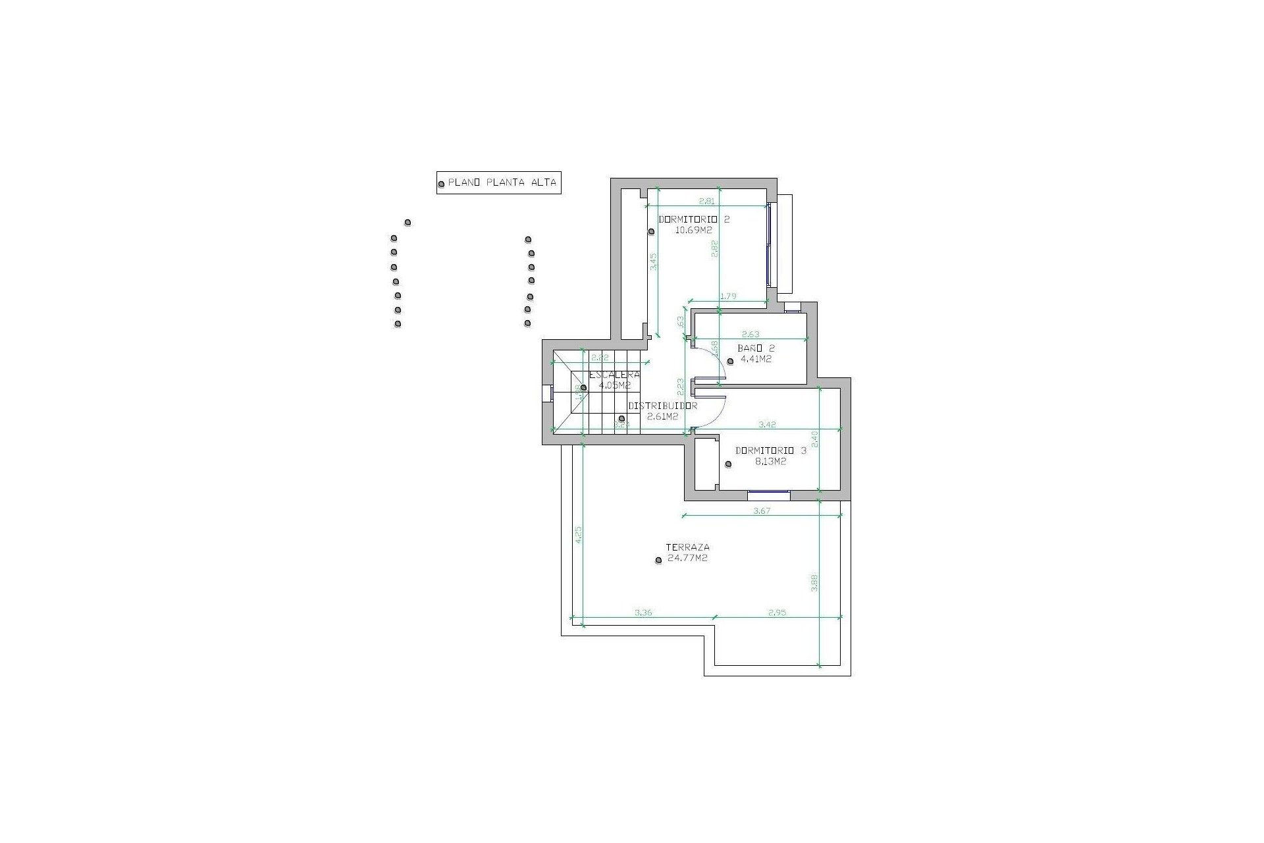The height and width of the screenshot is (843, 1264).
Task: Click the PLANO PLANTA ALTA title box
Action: click(498, 183)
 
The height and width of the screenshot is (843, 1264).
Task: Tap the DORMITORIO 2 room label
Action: click(694, 219)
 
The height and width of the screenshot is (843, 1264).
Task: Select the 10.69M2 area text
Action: click(694, 231)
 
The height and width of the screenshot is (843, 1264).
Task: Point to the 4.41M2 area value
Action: click(756, 360)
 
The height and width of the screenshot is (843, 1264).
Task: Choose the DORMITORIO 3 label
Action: click(770, 451)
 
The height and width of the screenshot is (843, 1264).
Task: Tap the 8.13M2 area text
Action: click(770, 462)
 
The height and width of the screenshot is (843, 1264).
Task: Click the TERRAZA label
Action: click(687, 547)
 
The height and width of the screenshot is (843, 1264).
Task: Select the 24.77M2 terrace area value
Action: click(687, 558)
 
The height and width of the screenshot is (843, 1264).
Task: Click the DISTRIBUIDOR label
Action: click(662, 406)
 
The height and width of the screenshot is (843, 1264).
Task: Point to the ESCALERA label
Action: click(614, 374)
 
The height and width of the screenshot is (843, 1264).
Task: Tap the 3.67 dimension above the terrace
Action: click(761, 510)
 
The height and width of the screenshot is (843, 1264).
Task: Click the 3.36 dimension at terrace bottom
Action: click(643, 612)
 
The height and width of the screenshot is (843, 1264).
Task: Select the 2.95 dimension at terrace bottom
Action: click(777, 612)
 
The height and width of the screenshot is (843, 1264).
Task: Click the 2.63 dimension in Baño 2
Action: click(750, 335)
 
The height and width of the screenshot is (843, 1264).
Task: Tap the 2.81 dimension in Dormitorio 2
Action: click(706, 202)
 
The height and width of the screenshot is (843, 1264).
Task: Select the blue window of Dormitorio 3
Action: click(769, 491)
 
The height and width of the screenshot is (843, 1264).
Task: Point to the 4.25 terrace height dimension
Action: click(578, 533)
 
